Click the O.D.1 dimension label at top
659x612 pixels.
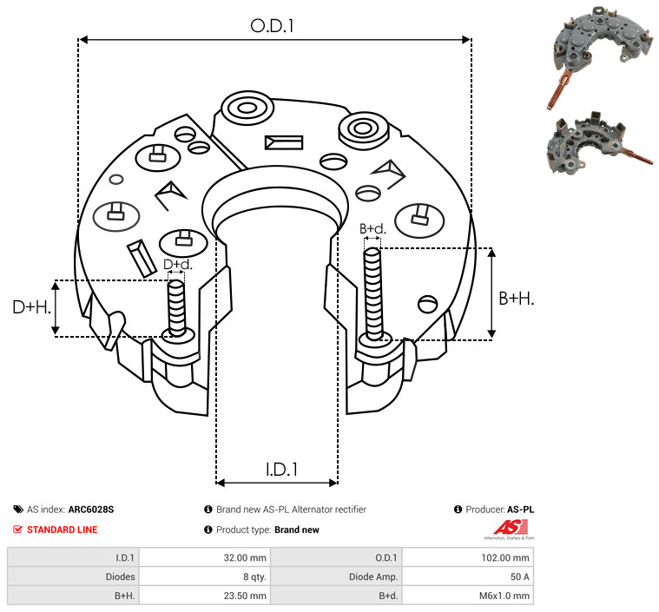[x=273, y=26]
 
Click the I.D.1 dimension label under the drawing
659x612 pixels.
[x=281, y=470]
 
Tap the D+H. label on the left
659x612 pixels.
[x=32, y=307]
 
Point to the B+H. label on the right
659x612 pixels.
[x=516, y=298]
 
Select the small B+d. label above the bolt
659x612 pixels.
[x=372, y=228]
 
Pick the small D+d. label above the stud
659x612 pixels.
[x=177, y=265]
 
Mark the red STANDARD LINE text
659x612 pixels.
[x=62, y=530]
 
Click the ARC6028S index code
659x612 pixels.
[x=90, y=510]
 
